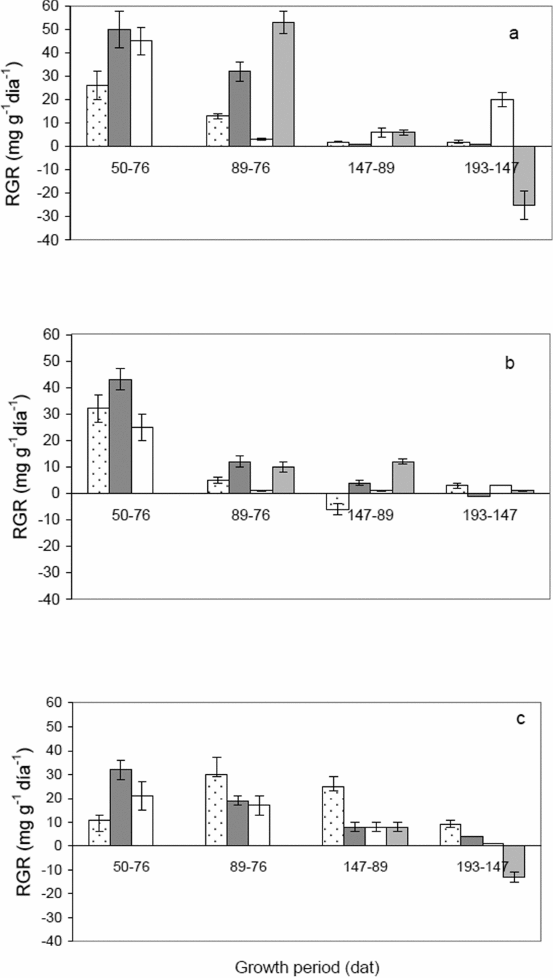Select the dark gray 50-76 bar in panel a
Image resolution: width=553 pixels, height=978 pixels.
coord(119,87)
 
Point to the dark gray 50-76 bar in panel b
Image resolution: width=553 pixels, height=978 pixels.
coord(120,436)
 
